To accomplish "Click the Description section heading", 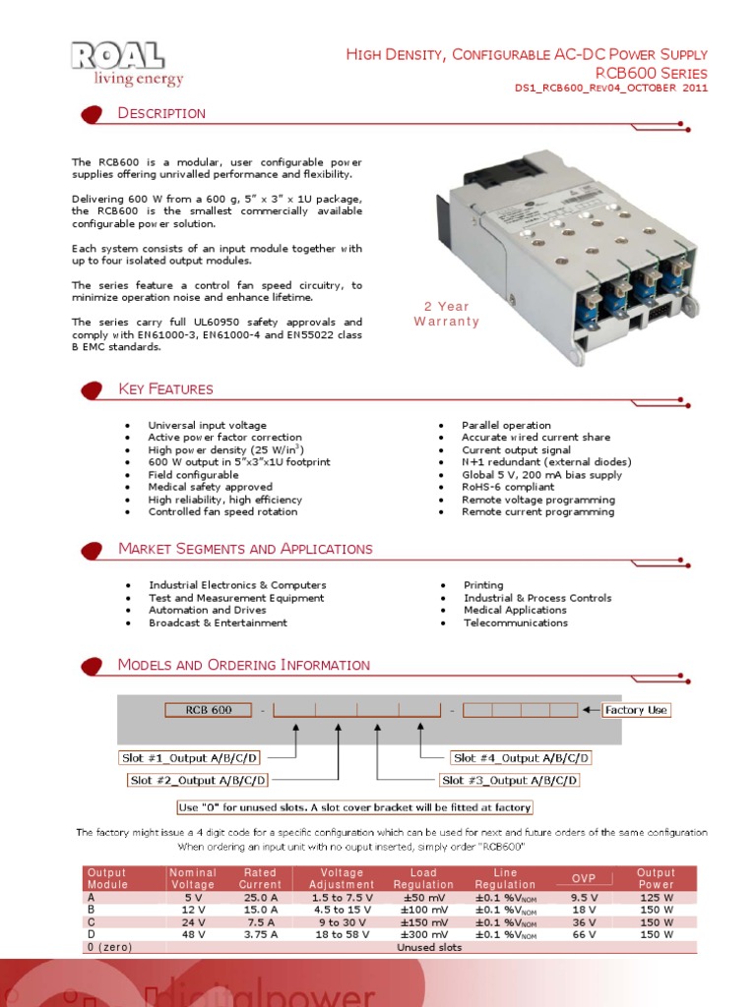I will pyautogui.click(x=161, y=113).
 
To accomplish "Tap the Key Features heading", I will pyautogui.click(x=165, y=389).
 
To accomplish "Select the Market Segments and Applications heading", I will pyautogui.click(x=245, y=549).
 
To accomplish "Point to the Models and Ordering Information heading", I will pyautogui.click(x=243, y=666).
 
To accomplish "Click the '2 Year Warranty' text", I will pyautogui.click(x=446, y=314).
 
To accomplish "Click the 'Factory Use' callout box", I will pyautogui.click(x=636, y=710).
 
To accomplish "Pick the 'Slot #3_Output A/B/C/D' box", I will pyautogui.click(x=509, y=780).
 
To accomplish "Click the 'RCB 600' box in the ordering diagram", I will pyautogui.click(x=209, y=710).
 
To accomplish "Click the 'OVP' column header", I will pyautogui.click(x=584, y=878).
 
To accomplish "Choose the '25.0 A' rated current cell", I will pyautogui.click(x=260, y=898).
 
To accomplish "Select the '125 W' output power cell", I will pyautogui.click(x=656, y=898).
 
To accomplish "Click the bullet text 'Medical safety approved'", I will pyautogui.click(x=210, y=487).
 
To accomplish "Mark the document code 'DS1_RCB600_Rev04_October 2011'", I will pyautogui.click(x=611, y=89).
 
